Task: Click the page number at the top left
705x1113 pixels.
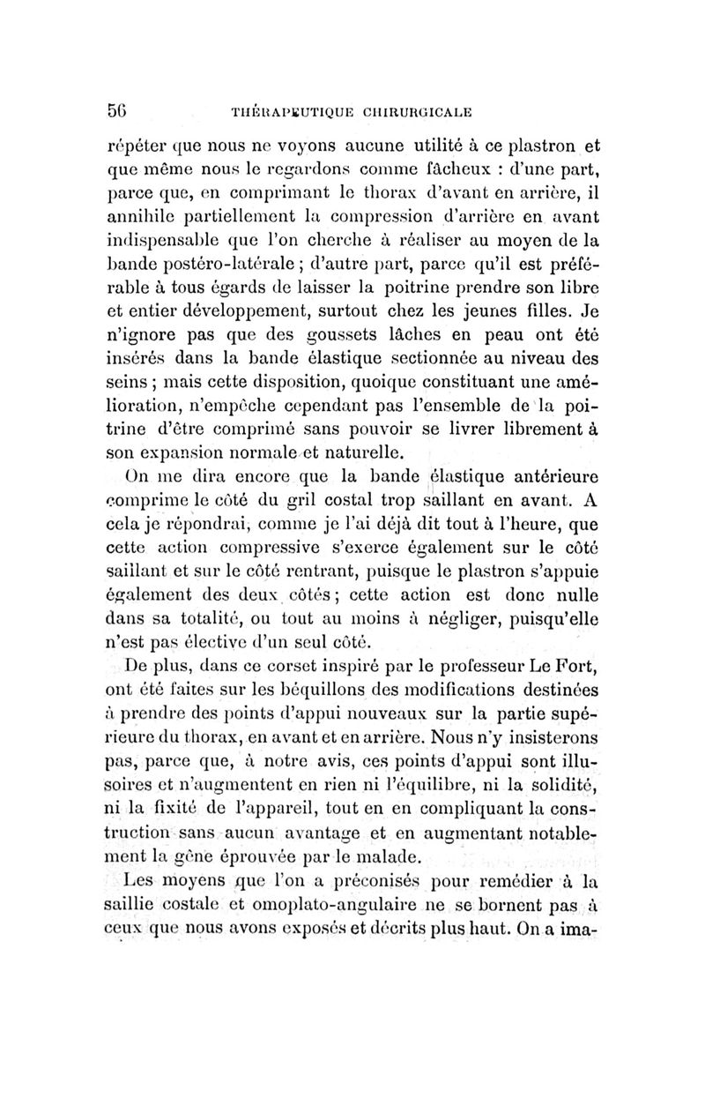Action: click(x=118, y=111)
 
